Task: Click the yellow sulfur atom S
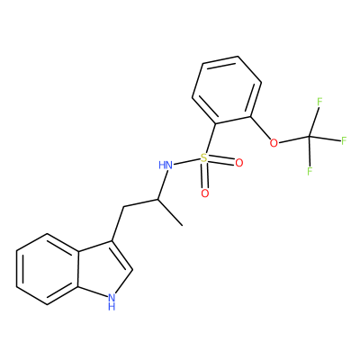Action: pos(204,157)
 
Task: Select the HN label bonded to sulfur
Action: pos(166,165)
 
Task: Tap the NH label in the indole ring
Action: pos(112,301)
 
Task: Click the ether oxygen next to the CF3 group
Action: pos(274,143)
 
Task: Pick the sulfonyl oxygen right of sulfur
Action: pos(239,163)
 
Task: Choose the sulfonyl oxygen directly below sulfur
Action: pos(205,193)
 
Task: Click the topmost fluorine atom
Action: pos(319,102)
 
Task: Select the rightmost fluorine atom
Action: pos(344,140)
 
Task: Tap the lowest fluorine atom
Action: pos(310,171)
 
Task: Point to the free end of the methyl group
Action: pos(183,225)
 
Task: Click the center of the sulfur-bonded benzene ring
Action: pos(227,90)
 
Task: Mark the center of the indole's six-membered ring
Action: pos(47,269)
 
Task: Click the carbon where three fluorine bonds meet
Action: pos(310,137)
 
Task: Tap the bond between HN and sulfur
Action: pos(187,161)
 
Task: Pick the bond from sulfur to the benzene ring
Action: pos(211,139)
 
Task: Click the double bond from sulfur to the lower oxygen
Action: pos(204,175)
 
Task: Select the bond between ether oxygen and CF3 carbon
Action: pos(293,139)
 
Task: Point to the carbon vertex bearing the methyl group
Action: pos(157,199)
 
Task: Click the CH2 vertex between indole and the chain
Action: pos(123,207)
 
